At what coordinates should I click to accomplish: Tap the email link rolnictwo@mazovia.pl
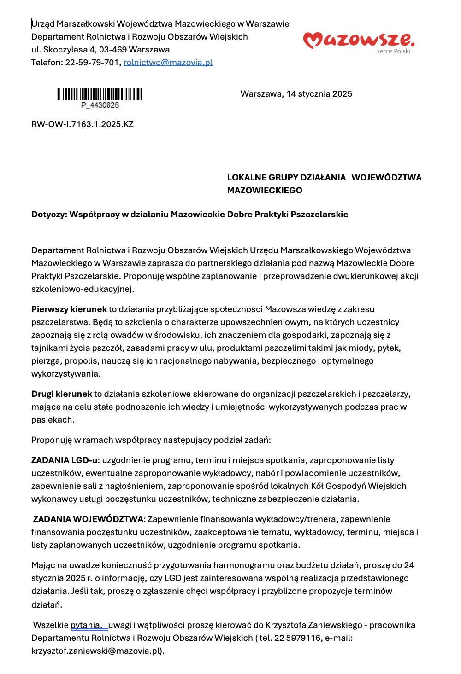(x=168, y=63)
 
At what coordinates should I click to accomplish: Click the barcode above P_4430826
(x=100, y=94)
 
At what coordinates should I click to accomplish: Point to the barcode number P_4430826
(x=100, y=105)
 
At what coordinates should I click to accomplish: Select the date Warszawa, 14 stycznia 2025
(x=296, y=94)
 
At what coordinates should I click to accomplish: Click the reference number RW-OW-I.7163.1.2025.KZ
(x=83, y=124)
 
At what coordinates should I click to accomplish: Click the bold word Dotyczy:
(x=49, y=215)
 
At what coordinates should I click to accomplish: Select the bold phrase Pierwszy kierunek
(x=69, y=309)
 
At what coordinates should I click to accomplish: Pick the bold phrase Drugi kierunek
(x=61, y=394)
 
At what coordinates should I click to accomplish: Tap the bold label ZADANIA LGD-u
(x=64, y=460)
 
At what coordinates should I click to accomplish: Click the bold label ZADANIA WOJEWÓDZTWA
(x=88, y=519)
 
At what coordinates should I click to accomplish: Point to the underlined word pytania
(x=86, y=625)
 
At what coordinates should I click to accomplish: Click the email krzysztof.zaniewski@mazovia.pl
(x=96, y=651)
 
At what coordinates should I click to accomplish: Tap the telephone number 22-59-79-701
(x=92, y=63)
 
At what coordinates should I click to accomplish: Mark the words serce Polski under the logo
(x=393, y=52)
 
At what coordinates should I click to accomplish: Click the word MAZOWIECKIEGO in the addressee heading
(x=265, y=191)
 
